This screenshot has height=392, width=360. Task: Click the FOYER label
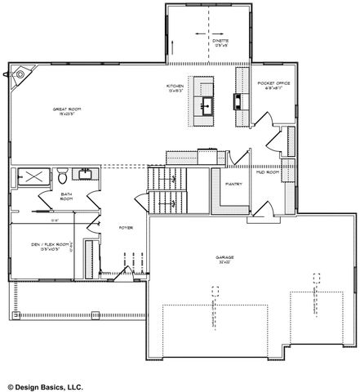(x=126, y=227)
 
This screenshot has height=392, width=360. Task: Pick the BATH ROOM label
(x=67, y=197)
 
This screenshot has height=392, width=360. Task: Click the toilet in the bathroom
(x=62, y=176)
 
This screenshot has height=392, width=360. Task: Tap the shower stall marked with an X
(x=33, y=176)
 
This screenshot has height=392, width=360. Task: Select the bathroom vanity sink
(x=84, y=174)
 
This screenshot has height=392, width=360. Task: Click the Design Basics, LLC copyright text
(x=45, y=385)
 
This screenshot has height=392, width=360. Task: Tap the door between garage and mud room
(x=261, y=213)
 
